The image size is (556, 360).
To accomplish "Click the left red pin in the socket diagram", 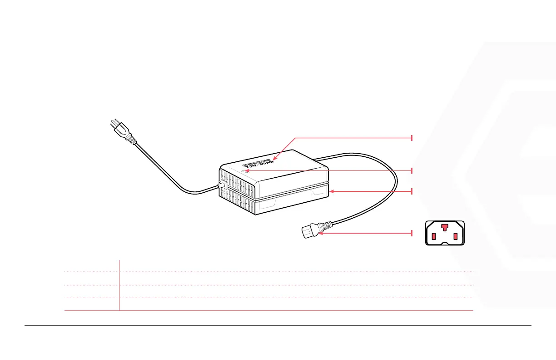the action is [433, 236].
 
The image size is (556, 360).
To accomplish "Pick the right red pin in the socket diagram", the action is [455, 236].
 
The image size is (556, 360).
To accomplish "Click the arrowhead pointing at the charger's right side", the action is [332, 191].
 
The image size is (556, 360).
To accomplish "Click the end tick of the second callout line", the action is [412, 170].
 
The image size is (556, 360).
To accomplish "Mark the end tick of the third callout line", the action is [412, 191].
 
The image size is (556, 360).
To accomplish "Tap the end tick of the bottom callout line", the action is [412, 233].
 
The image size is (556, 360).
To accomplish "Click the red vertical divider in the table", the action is [119, 285].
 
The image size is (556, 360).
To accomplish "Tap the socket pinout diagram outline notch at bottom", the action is [444, 244].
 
